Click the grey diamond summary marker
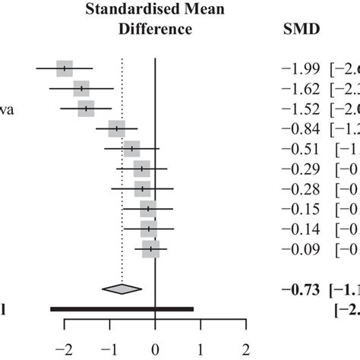pyautogui.click(x=122, y=288)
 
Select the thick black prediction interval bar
pyautogui.click(x=122, y=308)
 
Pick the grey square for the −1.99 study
pyautogui.click(x=65, y=68)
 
